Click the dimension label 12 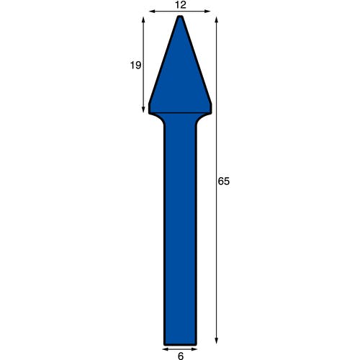181,5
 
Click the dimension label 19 135,66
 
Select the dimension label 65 224,181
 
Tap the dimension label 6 181,356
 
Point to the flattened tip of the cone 180,17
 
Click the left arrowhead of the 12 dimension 152,11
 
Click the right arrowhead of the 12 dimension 207,11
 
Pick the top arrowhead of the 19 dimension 143,19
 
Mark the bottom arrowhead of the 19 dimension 143,109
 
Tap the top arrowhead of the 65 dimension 217,19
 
